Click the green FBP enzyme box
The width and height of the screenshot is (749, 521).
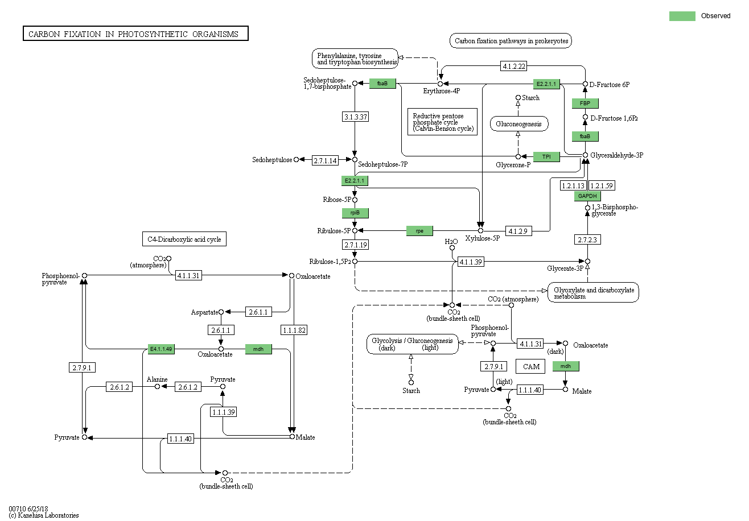pos(585,104)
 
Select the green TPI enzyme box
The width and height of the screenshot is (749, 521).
pos(546,157)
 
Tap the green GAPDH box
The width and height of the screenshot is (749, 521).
pos(587,196)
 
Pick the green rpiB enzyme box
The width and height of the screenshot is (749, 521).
pos(355,213)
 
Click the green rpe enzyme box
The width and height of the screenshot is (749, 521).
pos(419,231)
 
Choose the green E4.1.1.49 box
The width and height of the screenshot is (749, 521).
pos(161,349)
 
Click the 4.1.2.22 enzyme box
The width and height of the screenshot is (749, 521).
pos(514,66)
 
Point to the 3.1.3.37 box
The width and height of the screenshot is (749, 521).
pos(356,117)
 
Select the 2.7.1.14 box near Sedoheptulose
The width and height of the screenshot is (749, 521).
pos(325,160)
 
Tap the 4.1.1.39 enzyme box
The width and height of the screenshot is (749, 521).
pos(471,262)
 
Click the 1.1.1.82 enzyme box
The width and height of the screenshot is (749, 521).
pos(294,330)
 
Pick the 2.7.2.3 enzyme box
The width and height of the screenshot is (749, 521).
pos(587,239)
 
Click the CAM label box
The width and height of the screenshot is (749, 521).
pos(530,367)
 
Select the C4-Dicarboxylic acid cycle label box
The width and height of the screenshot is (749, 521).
pos(184,239)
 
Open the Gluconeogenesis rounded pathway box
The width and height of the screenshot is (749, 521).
pos(519,124)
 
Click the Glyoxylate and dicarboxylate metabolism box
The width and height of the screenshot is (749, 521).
pos(593,293)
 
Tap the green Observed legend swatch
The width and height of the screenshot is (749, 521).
pos(682,16)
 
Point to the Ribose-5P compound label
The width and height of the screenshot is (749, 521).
pos(337,200)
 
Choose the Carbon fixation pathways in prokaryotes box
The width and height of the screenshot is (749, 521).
pos(511,41)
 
